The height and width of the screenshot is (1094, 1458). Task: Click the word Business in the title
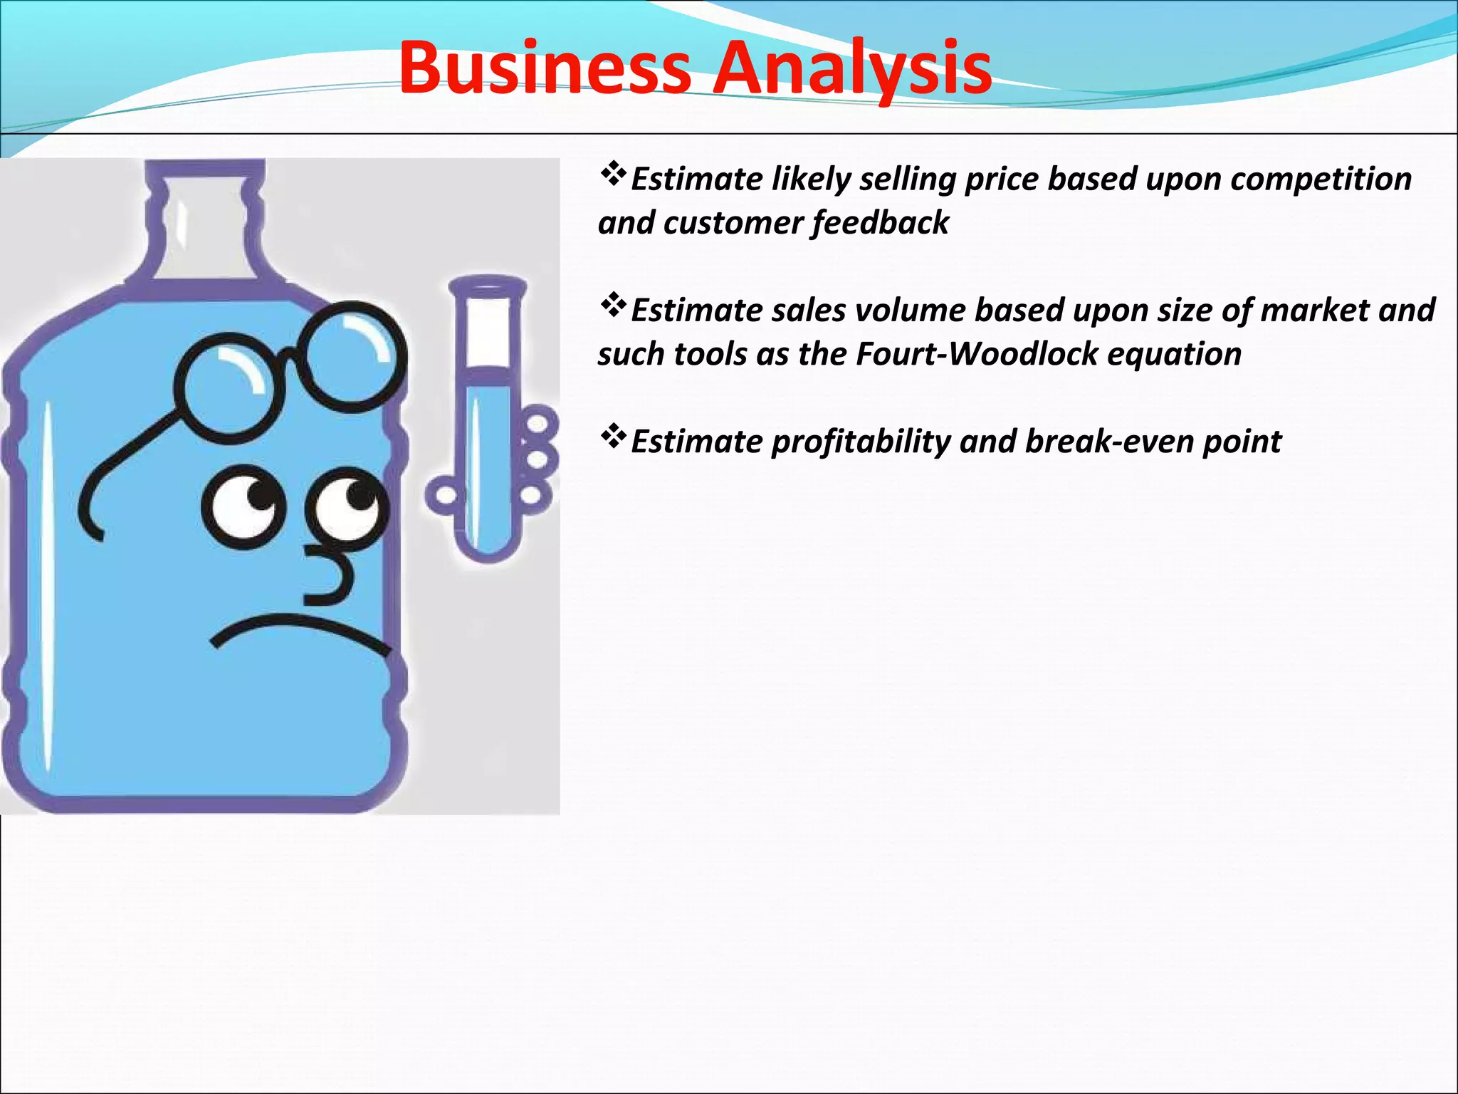click(545, 68)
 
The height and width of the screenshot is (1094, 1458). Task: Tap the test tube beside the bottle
click(488, 420)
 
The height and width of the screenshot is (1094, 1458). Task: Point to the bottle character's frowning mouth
click(299, 630)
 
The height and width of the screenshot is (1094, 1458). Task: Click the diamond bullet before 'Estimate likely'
click(613, 174)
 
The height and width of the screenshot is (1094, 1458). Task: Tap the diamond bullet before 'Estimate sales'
click(613, 306)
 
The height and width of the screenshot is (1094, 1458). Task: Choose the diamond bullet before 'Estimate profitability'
click(613, 437)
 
